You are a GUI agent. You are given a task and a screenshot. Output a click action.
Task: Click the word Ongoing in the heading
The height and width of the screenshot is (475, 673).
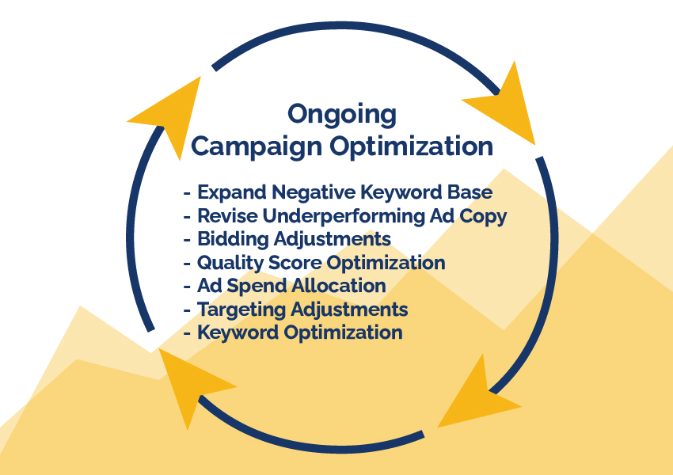pyautogui.click(x=342, y=115)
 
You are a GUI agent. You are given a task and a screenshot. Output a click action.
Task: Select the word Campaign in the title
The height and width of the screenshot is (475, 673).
pyautogui.click(x=257, y=147)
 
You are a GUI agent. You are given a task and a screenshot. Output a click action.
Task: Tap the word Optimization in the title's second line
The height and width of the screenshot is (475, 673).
pyautogui.click(x=411, y=147)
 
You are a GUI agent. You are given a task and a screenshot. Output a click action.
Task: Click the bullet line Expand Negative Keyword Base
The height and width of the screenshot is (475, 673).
pyautogui.click(x=344, y=192)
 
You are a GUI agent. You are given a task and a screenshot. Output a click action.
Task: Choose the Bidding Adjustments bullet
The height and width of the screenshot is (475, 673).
pyautogui.click(x=294, y=239)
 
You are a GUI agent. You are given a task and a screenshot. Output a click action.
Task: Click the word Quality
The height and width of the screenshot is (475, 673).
pyautogui.click(x=230, y=263)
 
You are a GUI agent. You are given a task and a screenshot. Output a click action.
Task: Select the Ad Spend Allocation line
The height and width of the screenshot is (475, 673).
pyautogui.click(x=291, y=286)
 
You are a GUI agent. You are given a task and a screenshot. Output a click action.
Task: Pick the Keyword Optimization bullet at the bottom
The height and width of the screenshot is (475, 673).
pyautogui.click(x=299, y=333)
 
